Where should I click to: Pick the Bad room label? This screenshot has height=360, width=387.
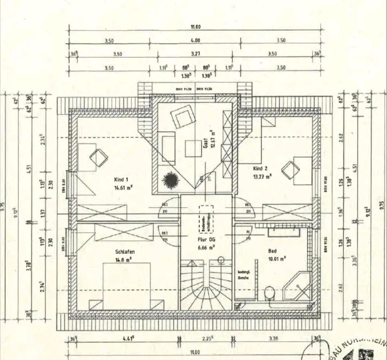pyautogui.click(x=273, y=251)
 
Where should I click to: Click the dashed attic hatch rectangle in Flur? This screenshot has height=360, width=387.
pyautogui.click(x=206, y=218)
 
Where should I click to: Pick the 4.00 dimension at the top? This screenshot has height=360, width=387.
pyautogui.click(x=195, y=40)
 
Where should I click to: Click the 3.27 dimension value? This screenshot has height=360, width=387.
pyautogui.click(x=196, y=54)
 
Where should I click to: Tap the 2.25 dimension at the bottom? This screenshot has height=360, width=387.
pyautogui.click(x=206, y=339)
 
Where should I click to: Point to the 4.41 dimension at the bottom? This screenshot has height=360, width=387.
pyautogui.click(x=129, y=339)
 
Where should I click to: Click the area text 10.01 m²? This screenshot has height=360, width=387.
pyautogui.click(x=277, y=257)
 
